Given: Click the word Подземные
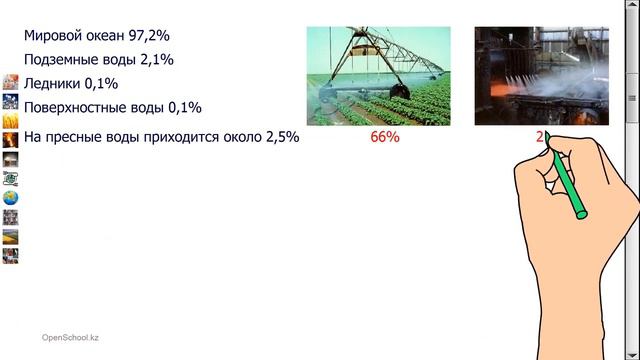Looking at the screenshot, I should (x=63, y=60).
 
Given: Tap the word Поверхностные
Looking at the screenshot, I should (x=76, y=107).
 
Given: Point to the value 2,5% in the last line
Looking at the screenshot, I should (x=281, y=137).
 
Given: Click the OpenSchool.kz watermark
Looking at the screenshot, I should (x=70, y=338).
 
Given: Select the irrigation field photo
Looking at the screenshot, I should (x=378, y=76).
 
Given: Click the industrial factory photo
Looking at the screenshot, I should (x=540, y=76).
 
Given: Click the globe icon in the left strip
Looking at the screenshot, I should (x=10, y=197).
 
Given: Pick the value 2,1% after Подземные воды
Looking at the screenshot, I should (x=155, y=60).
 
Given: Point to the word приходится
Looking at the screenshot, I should (x=188, y=137).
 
